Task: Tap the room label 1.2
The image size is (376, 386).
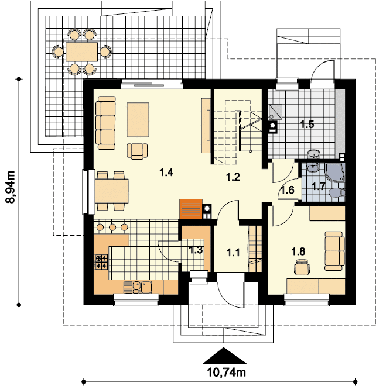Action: click(x=233, y=177)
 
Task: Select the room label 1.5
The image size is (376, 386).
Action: click(x=307, y=124)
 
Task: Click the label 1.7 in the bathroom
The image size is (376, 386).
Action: click(x=319, y=187)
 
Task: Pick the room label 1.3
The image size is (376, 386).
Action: click(x=196, y=250)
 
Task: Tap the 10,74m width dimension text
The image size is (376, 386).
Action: click(x=225, y=371)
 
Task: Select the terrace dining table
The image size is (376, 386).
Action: click(x=81, y=51)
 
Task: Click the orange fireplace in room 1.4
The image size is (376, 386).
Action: click(x=190, y=209)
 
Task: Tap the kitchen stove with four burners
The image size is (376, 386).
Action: click(x=101, y=261)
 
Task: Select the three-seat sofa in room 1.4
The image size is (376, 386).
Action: click(x=106, y=122)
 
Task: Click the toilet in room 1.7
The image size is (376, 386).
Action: click(x=336, y=193)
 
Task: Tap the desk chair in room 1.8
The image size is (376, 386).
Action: click(x=302, y=268)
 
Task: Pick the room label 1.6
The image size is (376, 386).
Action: click(x=287, y=189)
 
